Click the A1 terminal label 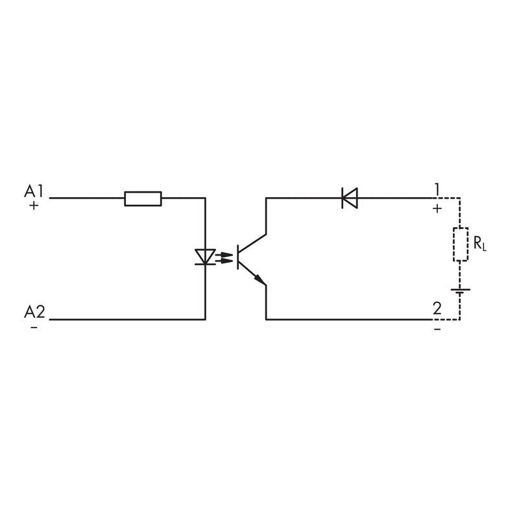34,191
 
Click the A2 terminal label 34,312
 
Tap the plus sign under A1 34,206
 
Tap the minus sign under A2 34,328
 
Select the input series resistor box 143,199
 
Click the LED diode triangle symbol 205,257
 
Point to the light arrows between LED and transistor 224,258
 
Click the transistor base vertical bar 237,257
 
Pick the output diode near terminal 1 350,198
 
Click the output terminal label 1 437,189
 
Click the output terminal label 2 437,309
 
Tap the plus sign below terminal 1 437,208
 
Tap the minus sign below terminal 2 437,330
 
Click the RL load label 480,243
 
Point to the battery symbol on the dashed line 461,291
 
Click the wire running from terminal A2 127,319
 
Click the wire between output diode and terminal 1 395,198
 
